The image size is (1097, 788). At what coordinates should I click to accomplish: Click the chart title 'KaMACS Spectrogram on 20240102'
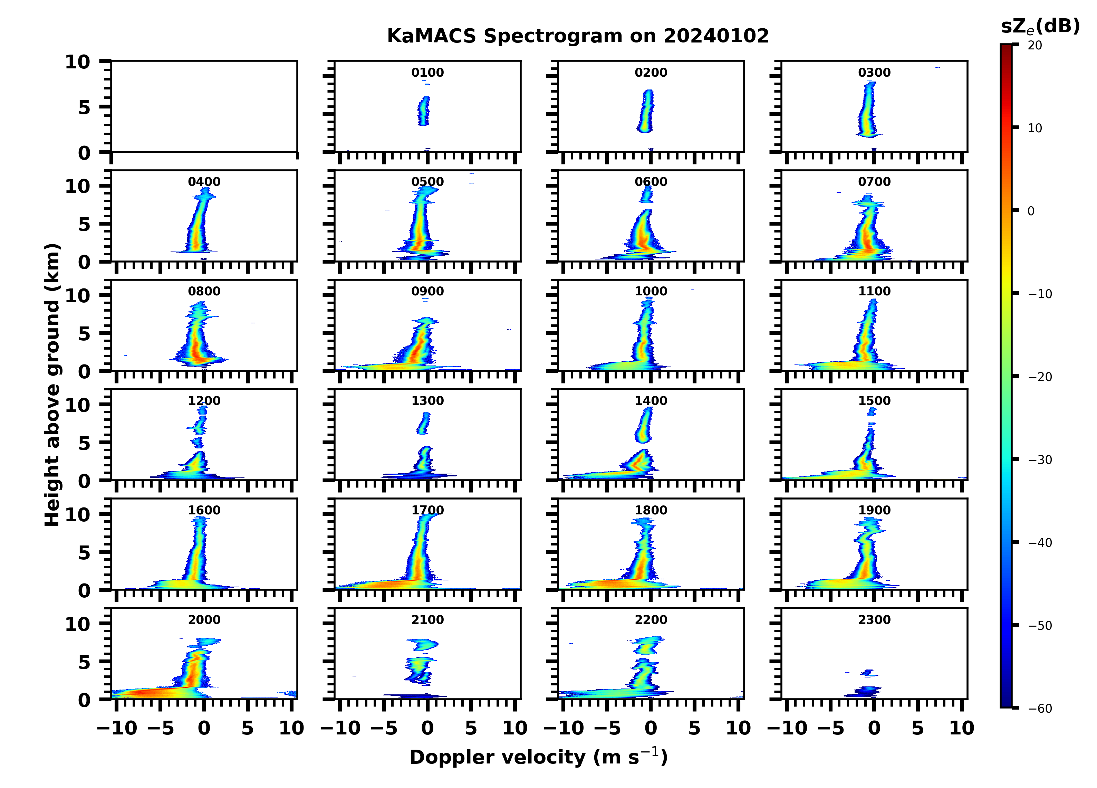click(x=578, y=36)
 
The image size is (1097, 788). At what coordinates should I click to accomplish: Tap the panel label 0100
click(x=427, y=73)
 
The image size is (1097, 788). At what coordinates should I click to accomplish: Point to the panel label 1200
click(x=204, y=401)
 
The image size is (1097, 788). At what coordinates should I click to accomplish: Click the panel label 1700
click(x=427, y=510)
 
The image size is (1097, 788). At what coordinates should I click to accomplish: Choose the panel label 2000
click(x=204, y=619)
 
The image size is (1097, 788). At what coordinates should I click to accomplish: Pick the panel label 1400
click(x=651, y=401)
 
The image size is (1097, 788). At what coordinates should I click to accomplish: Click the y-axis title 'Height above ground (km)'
click(x=52, y=385)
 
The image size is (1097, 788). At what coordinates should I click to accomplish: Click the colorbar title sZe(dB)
click(x=1040, y=27)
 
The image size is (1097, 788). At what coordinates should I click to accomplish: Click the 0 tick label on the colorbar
click(x=1031, y=211)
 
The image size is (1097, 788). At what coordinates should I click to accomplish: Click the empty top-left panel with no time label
click(x=204, y=106)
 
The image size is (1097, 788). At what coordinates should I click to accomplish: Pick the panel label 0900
click(x=427, y=291)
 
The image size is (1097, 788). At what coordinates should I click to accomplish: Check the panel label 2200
click(x=651, y=619)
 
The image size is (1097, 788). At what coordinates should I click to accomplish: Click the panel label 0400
click(x=204, y=182)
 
